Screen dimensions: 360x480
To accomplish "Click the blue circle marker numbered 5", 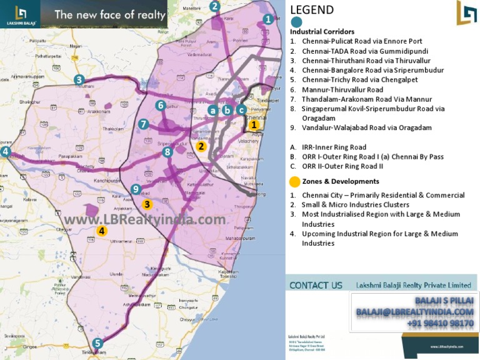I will (97, 342).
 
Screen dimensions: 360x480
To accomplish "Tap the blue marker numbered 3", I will (79, 79).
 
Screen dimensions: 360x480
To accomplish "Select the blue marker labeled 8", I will (167, 151).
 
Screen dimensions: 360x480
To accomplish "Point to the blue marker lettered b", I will (227, 110).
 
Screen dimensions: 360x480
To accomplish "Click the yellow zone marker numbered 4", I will (102, 231).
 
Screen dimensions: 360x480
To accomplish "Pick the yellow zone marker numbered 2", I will (201, 146).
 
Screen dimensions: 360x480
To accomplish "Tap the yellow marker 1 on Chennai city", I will (254, 124).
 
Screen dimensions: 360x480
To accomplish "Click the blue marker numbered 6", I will (161, 106).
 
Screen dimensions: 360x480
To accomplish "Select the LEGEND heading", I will (312, 10).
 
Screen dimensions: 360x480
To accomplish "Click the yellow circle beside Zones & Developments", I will (294, 182).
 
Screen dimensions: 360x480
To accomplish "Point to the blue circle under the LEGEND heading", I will (296, 22).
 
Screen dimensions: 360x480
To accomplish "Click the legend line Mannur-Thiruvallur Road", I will (342, 90).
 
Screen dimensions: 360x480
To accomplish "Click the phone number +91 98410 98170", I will (440, 323).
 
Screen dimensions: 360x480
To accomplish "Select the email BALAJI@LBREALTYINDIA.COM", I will (414, 312).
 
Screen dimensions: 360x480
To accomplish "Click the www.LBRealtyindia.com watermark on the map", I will (144, 220).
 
